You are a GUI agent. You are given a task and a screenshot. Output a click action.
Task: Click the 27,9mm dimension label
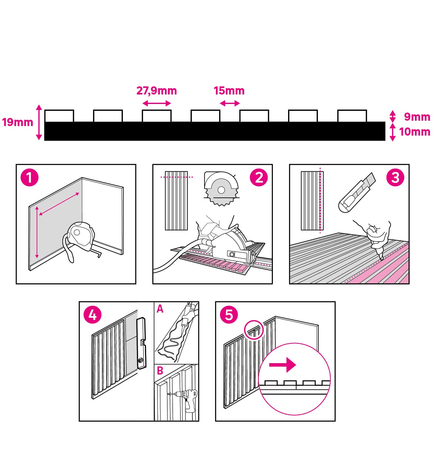[x=157, y=91]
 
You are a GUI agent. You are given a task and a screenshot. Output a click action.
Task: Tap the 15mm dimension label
[x=229, y=91]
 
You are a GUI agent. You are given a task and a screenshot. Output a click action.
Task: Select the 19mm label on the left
[x=18, y=122]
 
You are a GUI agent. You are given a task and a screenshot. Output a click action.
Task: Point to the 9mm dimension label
[x=417, y=117]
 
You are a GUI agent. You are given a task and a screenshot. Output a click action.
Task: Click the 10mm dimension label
[x=415, y=132]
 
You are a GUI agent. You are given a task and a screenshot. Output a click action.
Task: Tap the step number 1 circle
[x=30, y=178]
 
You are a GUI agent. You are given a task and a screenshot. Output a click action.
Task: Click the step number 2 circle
[x=259, y=178]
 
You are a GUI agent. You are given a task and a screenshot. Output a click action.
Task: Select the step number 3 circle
[x=395, y=178]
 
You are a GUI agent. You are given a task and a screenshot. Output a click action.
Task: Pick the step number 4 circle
[x=92, y=315]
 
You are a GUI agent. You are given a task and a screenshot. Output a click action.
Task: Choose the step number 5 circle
[x=229, y=315]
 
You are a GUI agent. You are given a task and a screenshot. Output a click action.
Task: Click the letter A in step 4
[x=160, y=309]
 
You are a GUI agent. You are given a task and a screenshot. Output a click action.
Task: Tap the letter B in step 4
[x=160, y=371]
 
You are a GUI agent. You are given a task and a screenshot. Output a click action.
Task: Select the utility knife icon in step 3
[x=357, y=192]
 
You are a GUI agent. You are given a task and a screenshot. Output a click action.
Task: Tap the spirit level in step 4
[x=141, y=343]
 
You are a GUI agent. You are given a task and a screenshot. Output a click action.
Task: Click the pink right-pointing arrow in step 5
[x=282, y=365]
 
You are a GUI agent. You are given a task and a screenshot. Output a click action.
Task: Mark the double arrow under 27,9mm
[x=157, y=103]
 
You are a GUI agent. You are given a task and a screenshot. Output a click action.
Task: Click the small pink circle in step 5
[x=254, y=330]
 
